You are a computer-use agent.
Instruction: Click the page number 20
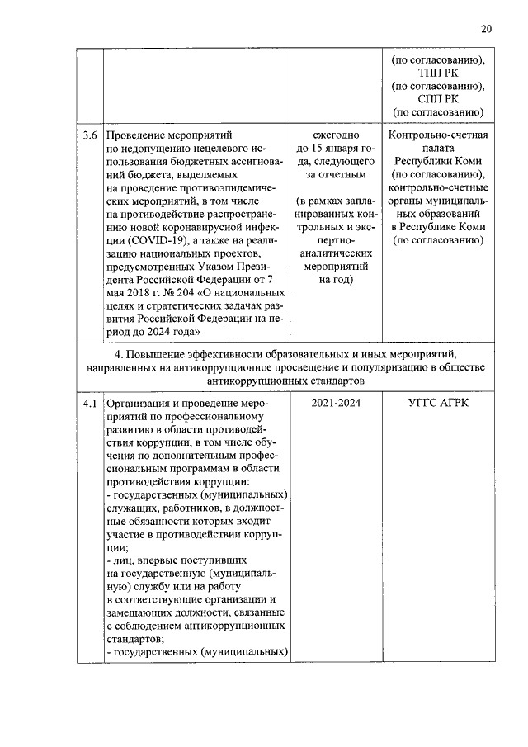(x=487, y=29)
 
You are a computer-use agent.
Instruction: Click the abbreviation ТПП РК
(x=437, y=73)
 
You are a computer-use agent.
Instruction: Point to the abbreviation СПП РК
(x=437, y=99)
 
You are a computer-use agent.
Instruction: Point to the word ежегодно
(x=336, y=135)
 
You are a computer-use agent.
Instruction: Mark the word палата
(x=437, y=148)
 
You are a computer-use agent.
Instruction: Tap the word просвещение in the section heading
(x=309, y=369)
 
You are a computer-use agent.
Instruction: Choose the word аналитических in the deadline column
(x=336, y=253)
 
